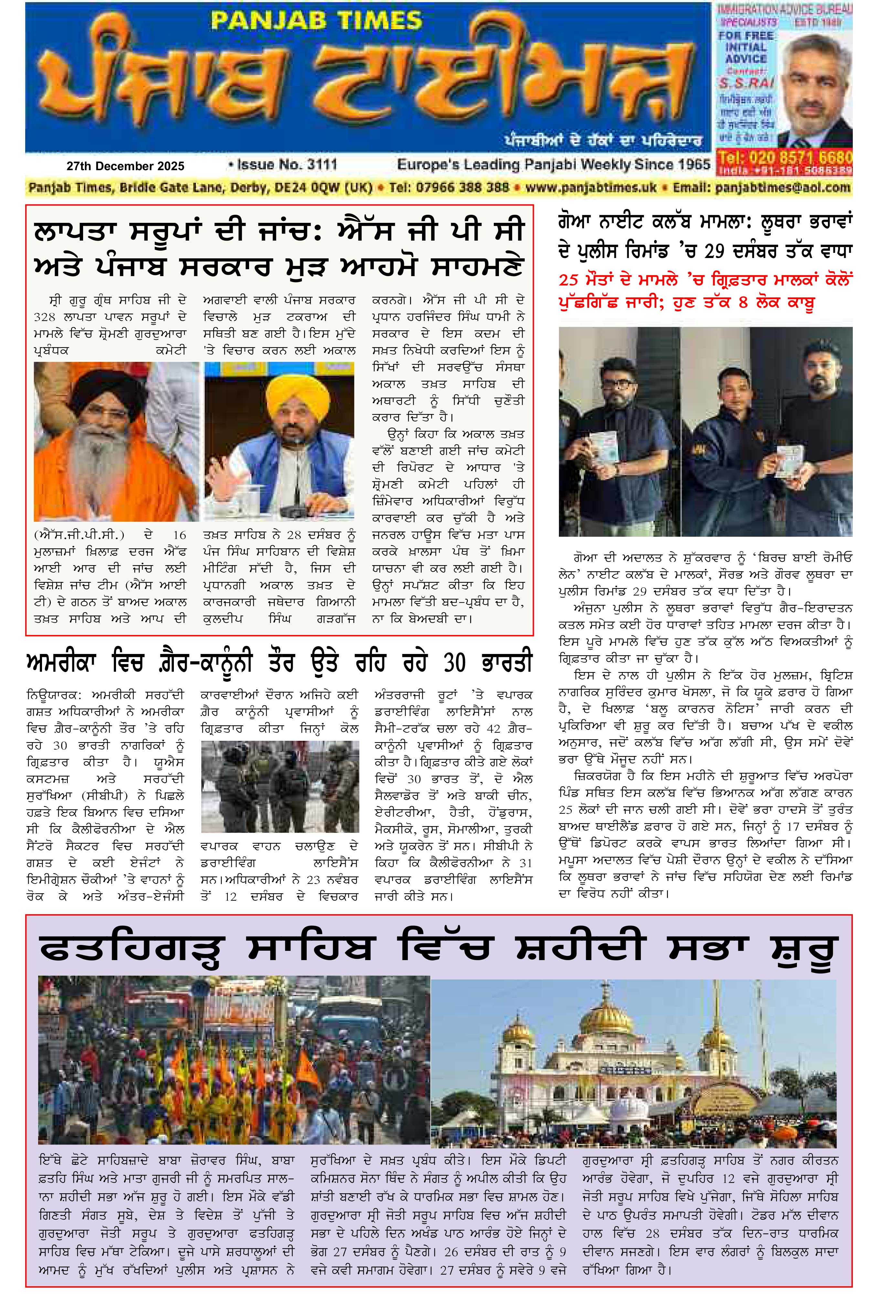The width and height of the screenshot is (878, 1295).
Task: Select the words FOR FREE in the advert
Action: (x=745, y=36)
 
